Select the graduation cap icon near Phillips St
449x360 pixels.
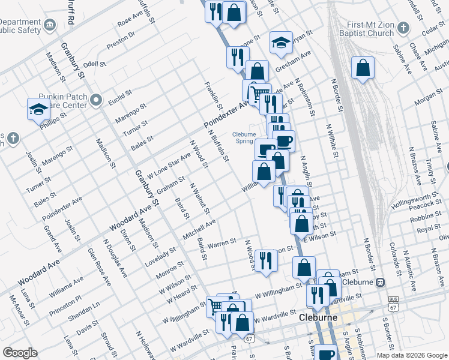coord(37,109)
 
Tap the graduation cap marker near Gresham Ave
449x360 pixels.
coord(280,42)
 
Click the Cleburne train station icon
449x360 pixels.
coord(380,282)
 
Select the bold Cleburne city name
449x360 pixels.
coord(318,317)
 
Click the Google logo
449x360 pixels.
coord(20,353)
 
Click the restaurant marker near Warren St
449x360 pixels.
coord(265,260)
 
